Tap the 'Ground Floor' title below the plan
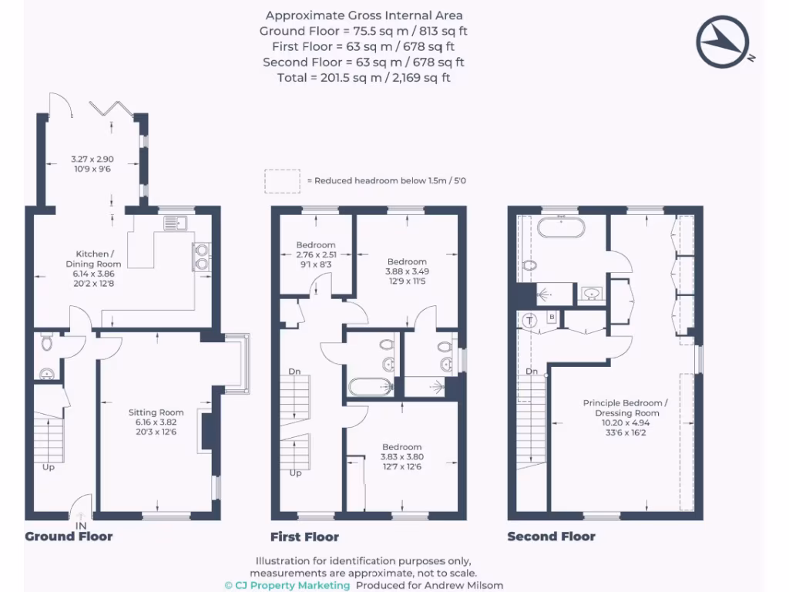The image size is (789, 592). (69, 536)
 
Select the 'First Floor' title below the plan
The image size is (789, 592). (304, 536)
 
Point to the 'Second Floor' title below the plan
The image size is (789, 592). (551, 536)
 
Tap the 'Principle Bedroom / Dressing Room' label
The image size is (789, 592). (626, 413)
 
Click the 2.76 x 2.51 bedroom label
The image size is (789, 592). (316, 254)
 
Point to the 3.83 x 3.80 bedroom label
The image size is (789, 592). (401, 456)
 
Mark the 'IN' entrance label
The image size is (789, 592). (81, 526)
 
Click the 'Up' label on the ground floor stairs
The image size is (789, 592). (49, 467)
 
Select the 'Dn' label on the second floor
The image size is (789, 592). (532, 372)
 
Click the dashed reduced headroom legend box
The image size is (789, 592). (282, 180)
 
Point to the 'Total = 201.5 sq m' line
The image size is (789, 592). (364, 77)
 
